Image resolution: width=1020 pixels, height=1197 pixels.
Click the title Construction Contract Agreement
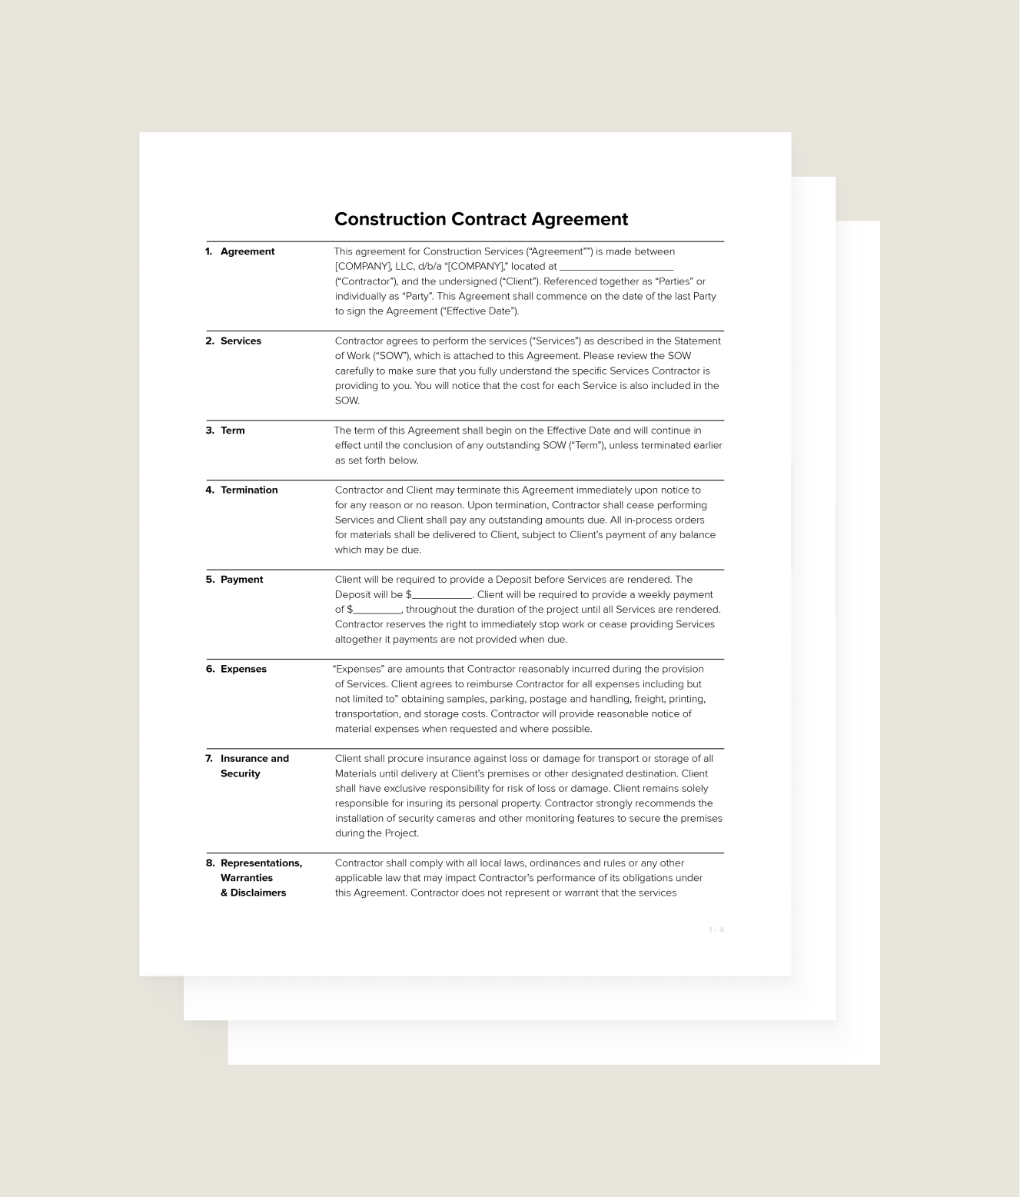click(x=481, y=219)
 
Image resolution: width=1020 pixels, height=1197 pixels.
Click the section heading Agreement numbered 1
click(x=247, y=251)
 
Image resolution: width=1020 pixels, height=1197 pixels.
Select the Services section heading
click(x=241, y=341)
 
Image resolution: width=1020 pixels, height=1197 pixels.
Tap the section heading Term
click(x=232, y=431)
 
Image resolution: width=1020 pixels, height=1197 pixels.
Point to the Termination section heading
click(x=249, y=490)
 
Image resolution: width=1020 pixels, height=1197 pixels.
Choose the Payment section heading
click(x=241, y=580)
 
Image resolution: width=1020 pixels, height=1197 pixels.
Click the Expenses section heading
click(x=243, y=669)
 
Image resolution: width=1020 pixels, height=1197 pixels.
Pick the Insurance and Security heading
click(x=254, y=766)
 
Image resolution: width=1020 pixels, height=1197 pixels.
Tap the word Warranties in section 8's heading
click(x=247, y=878)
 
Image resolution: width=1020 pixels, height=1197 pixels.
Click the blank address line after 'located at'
click(x=616, y=268)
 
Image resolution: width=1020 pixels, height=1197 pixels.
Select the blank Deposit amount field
click(x=442, y=596)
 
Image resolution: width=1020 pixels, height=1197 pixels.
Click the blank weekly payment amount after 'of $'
click(x=377, y=610)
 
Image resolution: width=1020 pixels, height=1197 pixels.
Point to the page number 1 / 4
click(x=716, y=930)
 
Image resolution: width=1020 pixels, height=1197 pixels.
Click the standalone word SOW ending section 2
click(x=347, y=401)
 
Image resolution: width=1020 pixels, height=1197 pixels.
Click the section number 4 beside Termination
click(x=209, y=490)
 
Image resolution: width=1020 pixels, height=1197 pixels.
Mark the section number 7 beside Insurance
click(x=209, y=759)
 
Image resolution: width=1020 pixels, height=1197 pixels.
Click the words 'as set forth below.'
click(x=377, y=461)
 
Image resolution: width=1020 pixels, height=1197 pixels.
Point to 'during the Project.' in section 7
click(x=377, y=833)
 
